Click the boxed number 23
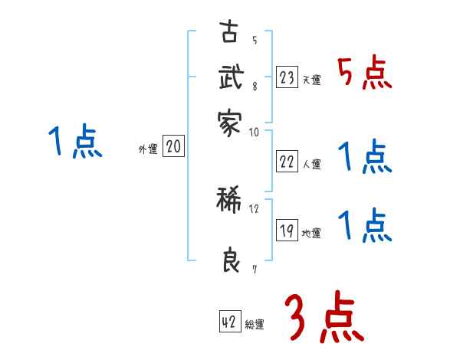tap(287, 77)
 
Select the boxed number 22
tap(287, 161)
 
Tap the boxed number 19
tap(287, 231)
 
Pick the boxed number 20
tap(173, 147)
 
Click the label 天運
tap(311, 80)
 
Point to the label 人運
tap(311, 164)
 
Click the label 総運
tap(255, 325)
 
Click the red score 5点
tap(364, 74)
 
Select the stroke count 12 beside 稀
tap(255, 208)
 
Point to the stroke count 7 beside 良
tap(254, 268)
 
